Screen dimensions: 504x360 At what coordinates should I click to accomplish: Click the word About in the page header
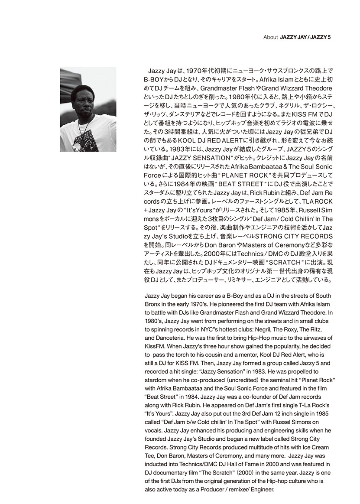[270, 37]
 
